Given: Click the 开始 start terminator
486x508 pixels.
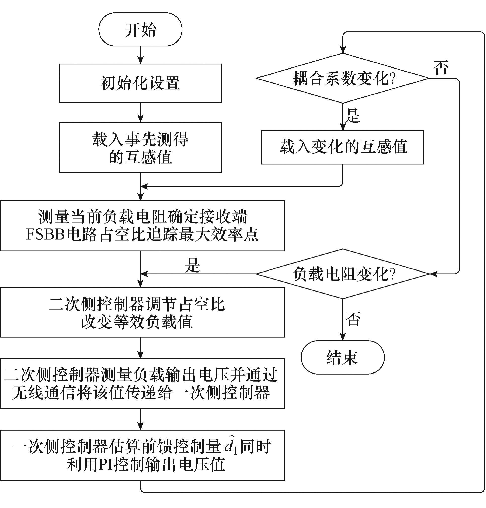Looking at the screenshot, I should [x=140, y=29].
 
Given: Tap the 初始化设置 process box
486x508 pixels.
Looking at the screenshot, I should [x=140, y=83].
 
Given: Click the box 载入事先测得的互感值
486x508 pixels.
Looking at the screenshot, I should [x=140, y=148].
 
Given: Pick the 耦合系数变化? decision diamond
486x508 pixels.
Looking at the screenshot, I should [x=343, y=78].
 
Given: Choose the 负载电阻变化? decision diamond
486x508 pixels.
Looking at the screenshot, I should [x=343, y=274].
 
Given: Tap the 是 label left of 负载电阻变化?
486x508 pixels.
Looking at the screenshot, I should [x=193, y=265].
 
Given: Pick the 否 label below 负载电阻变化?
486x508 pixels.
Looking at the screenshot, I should [x=353, y=319].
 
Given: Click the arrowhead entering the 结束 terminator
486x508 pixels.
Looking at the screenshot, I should [x=343, y=337].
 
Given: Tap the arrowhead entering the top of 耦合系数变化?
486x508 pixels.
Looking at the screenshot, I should [x=343, y=50].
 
